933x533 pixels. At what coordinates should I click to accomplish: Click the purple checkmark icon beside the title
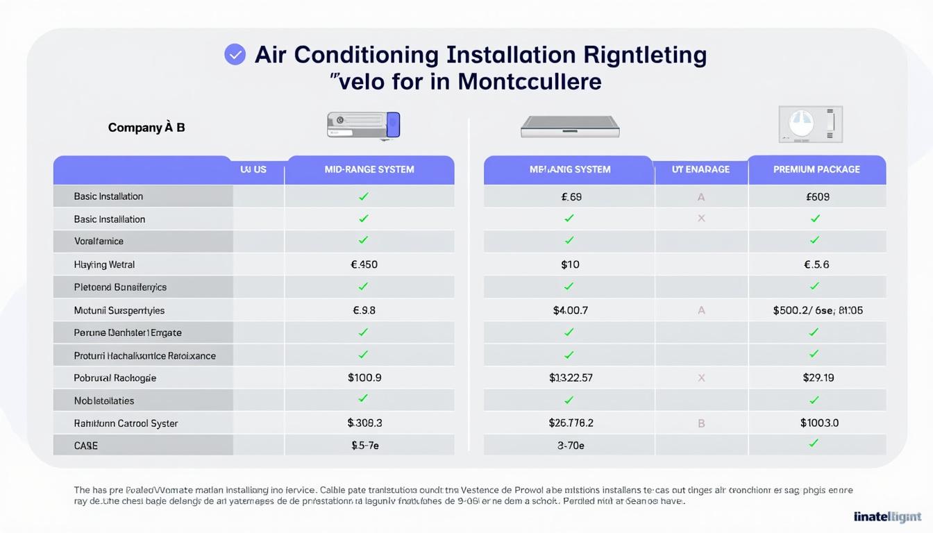pyautogui.click(x=235, y=54)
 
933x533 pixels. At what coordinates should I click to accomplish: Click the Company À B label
pyautogui.click(x=146, y=128)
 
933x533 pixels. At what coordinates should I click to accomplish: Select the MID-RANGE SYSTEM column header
pyautogui.click(x=369, y=169)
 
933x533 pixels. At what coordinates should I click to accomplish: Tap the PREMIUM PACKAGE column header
pyautogui.click(x=816, y=169)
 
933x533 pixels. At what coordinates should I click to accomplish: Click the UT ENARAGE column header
pyautogui.click(x=700, y=169)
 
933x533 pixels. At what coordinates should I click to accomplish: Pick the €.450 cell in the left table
pyautogui.click(x=364, y=264)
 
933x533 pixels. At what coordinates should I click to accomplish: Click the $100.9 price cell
pyautogui.click(x=364, y=378)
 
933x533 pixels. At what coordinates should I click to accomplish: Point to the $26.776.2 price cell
pyautogui.click(x=571, y=423)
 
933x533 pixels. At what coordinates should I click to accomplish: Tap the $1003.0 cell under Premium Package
pyautogui.click(x=819, y=423)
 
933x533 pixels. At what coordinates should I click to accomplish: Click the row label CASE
pyautogui.click(x=85, y=446)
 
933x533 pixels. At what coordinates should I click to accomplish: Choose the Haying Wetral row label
pyautogui.click(x=104, y=264)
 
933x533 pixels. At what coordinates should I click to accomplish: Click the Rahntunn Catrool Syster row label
pyautogui.click(x=126, y=423)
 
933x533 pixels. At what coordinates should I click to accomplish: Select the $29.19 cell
pyautogui.click(x=818, y=378)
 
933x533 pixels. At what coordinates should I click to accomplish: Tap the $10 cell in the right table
pyautogui.click(x=570, y=264)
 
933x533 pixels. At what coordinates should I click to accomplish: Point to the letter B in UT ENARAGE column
pyautogui.click(x=701, y=423)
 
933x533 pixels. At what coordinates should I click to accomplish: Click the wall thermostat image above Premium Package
pyautogui.click(x=810, y=124)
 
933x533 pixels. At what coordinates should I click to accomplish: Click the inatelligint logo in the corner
pyautogui.click(x=887, y=516)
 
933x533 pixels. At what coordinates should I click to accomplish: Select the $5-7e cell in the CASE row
pyautogui.click(x=365, y=446)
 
